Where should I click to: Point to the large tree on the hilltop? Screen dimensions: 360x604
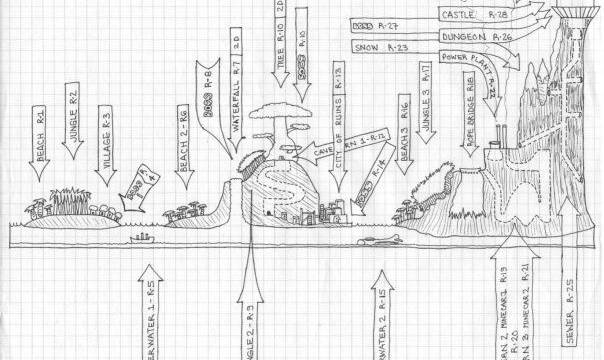pyautogui.click(x=277, y=125)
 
